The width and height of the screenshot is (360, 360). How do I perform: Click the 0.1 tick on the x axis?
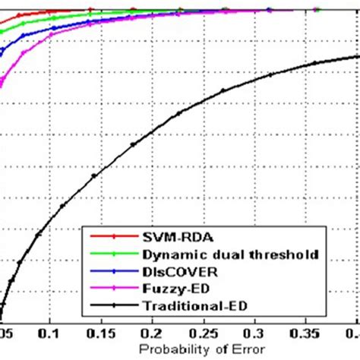51,333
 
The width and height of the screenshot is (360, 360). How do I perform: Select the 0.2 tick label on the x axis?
153,333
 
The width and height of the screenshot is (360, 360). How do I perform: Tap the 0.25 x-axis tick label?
204,333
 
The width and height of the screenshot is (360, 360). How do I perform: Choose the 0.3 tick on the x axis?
255,333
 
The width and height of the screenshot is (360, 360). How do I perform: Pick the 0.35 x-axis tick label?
306,333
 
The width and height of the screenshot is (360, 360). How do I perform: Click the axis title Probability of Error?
180,349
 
